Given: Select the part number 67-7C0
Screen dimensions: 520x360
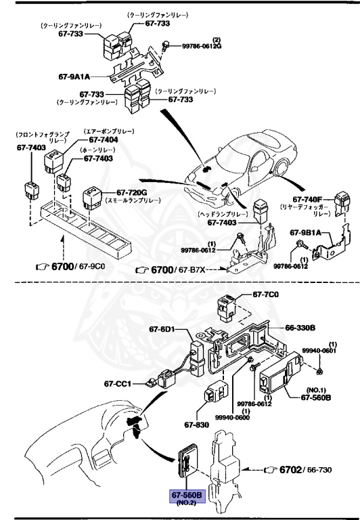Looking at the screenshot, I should (x=265, y=295).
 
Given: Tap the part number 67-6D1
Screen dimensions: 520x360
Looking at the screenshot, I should (x=162, y=330).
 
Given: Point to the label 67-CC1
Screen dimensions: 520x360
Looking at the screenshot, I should (x=118, y=384).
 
